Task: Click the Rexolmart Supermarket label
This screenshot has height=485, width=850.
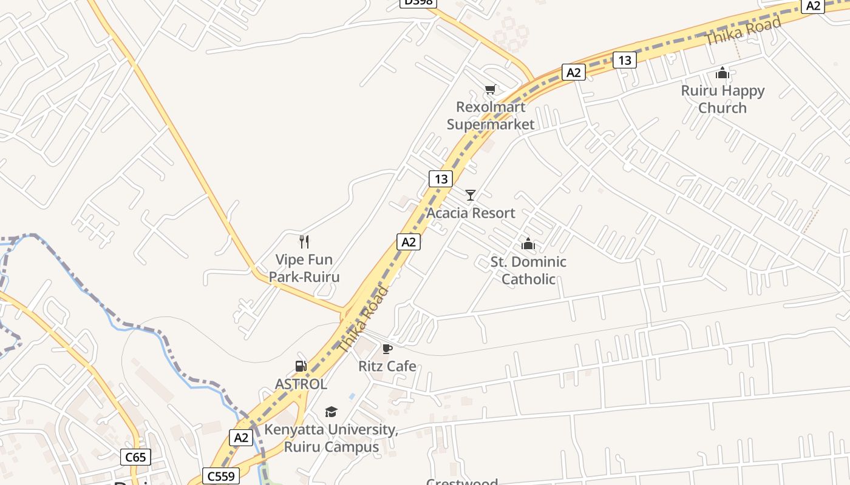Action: (x=491, y=116)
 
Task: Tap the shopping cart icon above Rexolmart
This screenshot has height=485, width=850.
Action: (x=491, y=90)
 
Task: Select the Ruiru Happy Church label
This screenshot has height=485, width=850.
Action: (x=722, y=99)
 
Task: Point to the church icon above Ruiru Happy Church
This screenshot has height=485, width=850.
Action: (x=722, y=73)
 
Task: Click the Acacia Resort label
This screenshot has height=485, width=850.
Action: (x=471, y=213)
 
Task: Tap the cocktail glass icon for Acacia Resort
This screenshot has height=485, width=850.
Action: (x=471, y=195)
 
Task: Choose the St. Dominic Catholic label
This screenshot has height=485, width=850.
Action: (x=528, y=270)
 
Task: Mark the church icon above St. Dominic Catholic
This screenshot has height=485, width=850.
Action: (x=528, y=244)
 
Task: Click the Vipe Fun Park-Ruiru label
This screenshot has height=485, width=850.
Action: (x=304, y=269)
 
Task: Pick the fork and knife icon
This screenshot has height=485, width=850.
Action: (x=304, y=242)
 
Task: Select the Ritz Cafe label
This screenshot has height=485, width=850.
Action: (x=387, y=366)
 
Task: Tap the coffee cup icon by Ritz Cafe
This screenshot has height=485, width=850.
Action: (x=387, y=349)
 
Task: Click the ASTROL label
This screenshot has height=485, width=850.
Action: (x=301, y=384)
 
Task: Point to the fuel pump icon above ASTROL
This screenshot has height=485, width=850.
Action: (x=301, y=366)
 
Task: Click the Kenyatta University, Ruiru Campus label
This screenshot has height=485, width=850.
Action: (x=331, y=438)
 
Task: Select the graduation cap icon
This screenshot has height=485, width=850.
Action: (x=331, y=412)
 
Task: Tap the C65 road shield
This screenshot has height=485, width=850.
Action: (x=135, y=457)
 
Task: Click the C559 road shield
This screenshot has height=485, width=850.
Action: (x=220, y=477)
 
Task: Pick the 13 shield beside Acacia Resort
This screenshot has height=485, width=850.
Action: (x=441, y=179)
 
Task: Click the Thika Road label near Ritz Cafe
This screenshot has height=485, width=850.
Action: (x=362, y=320)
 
